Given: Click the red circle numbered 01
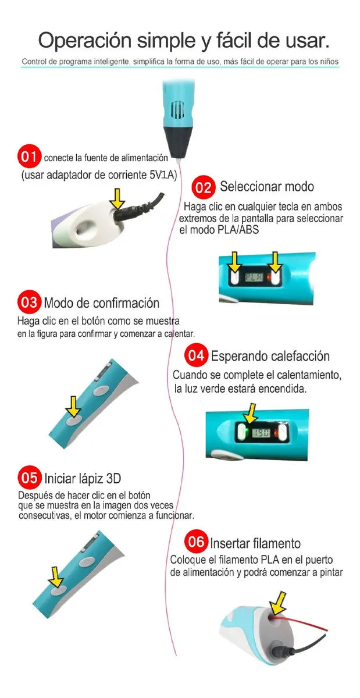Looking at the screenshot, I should [x=28, y=156].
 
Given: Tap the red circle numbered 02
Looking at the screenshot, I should [x=204, y=187].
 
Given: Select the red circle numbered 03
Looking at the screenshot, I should [x=28, y=302].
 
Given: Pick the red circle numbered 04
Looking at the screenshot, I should [x=196, y=355].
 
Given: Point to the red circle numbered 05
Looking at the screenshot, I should [x=28, y=478].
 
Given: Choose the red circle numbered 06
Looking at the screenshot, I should [x=195, y=542].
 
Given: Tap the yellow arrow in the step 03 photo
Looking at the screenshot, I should [x=74, y=405].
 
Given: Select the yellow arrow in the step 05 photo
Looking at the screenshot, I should [x=56, y=577].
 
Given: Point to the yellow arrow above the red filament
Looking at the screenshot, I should [x=282, y=600].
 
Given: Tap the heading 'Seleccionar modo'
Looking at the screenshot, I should [x=266, y=187].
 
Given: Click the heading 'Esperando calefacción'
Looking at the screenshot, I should [x=270, y=356].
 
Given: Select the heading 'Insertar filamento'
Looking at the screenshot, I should [x=255, y=543].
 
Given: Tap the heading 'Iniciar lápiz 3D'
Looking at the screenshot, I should [x=83, y=479].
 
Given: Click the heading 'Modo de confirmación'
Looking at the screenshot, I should [x=101, y=303].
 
